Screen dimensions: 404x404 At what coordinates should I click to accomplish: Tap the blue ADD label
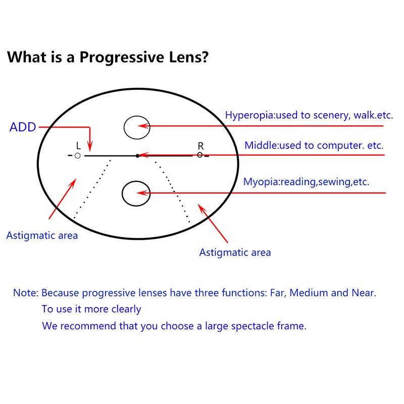23,127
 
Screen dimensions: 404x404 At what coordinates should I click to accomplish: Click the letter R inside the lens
200,146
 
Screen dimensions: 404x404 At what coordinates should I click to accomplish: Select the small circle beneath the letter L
77,156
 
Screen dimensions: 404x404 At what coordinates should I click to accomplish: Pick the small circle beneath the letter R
199,155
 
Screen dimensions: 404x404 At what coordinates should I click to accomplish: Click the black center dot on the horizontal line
137,156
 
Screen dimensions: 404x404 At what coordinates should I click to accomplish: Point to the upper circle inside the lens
137,126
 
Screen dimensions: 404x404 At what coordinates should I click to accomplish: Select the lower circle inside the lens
136,193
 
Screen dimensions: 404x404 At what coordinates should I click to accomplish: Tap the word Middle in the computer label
260,145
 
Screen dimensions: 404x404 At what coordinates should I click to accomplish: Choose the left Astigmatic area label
42,235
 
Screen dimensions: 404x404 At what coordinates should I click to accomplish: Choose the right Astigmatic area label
235,252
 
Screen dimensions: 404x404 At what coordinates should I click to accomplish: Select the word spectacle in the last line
252,326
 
